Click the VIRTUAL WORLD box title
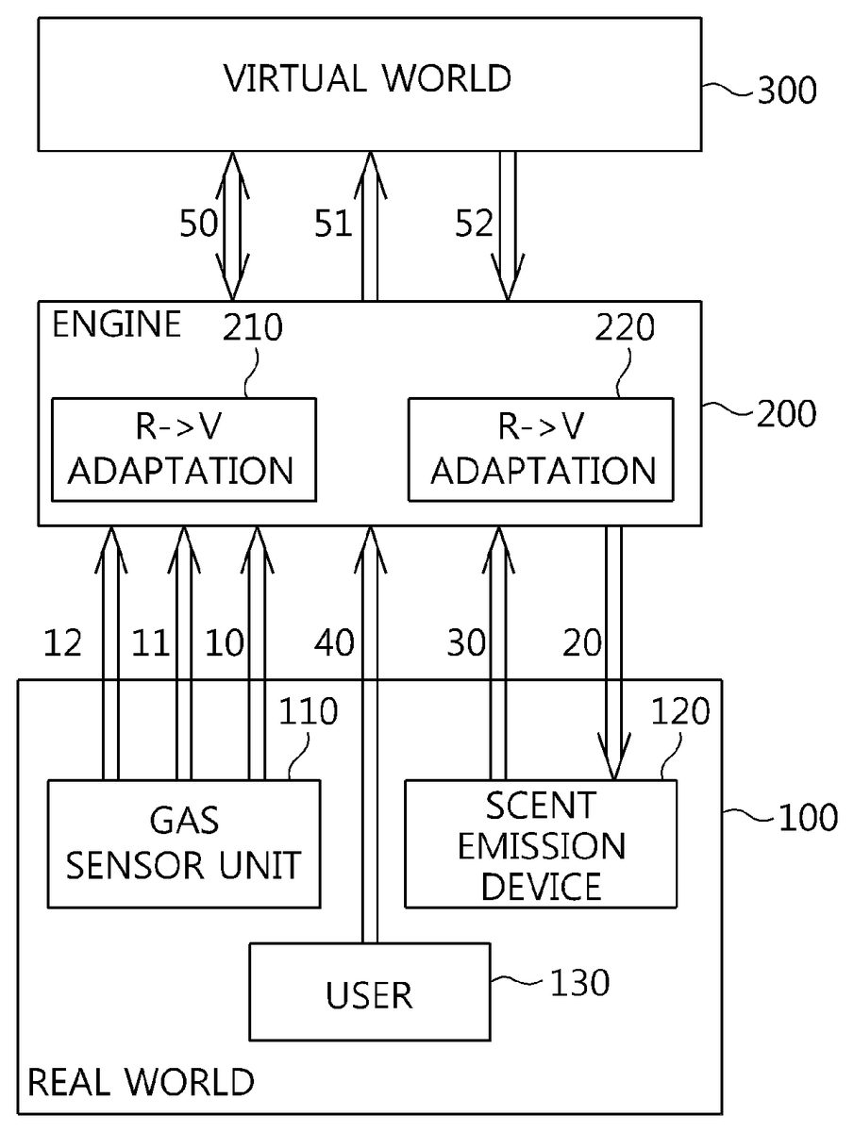367,78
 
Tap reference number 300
785,91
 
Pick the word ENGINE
115,325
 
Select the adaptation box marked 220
541,449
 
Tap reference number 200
786,413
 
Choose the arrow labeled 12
111,651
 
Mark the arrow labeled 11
183,651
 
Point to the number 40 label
333,643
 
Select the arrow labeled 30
497,651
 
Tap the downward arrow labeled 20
613,651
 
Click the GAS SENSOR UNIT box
183,842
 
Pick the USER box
369,993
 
